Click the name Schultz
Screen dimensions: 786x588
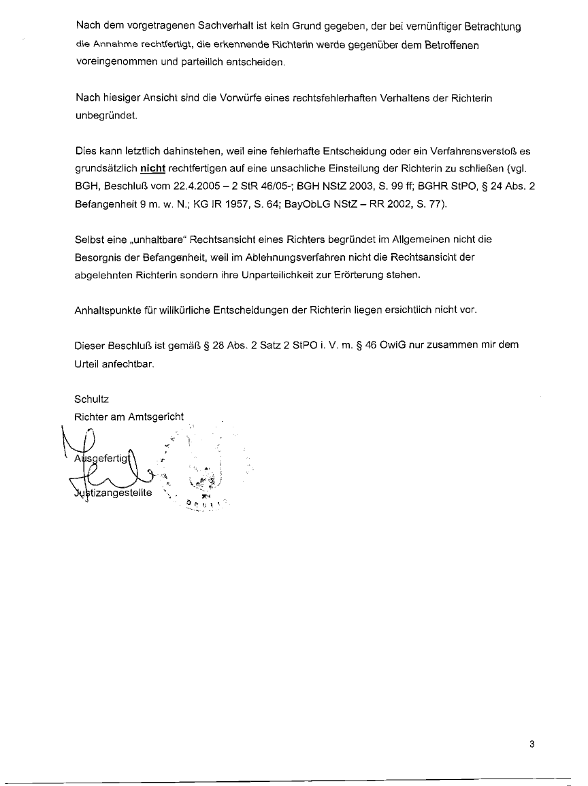(x=91, y=399)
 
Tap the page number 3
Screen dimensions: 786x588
(x=532, y=744)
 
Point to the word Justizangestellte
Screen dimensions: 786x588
(x=113, y=492)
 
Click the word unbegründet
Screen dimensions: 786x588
(x=97, y=116)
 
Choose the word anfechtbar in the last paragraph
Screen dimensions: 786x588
(x=129, y=363)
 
